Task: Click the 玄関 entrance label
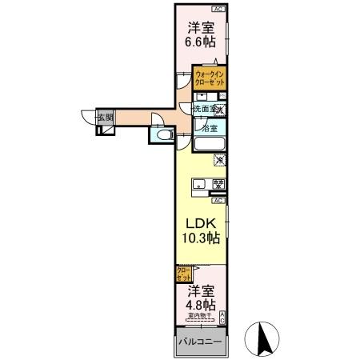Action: (x=105, y=118)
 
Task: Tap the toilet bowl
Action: (x=163, y=137)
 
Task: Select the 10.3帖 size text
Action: (x=200, y=238)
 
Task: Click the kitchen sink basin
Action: (x=198, y=186)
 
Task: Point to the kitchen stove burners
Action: (x=218, y=186)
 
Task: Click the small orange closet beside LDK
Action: (x=183, y=275)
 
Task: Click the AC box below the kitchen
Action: (x=218, y=200)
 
